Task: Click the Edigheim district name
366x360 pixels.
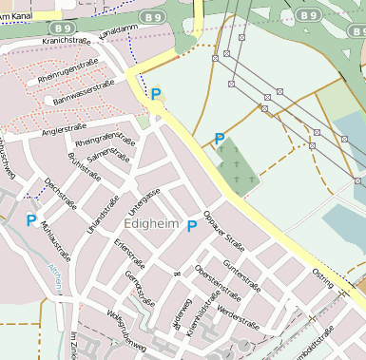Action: coord(150,222)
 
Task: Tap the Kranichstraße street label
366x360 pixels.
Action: coord(65,41)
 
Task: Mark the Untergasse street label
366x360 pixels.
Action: coord(144,200)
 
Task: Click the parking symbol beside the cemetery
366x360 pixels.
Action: coord(220,139)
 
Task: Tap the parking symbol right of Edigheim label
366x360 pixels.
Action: coord(192,226)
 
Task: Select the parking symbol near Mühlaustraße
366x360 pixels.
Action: coord(31,220)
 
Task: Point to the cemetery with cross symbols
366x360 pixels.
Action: coord(238,169)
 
